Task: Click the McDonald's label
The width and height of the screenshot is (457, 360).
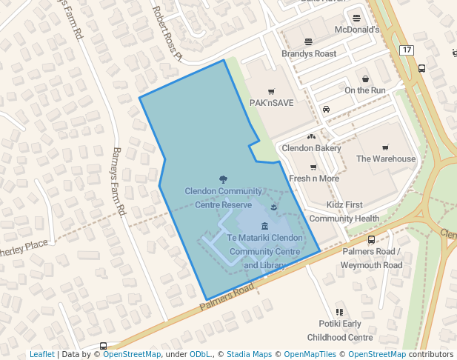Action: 356,30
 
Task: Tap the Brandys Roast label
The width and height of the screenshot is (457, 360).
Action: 309,54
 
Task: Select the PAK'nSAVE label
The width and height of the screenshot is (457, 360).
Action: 271,103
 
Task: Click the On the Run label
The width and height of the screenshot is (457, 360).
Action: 365,90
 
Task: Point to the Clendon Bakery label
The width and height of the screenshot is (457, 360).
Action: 311,148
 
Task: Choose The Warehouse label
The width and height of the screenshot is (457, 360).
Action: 386,159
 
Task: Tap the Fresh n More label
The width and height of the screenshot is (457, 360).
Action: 314,179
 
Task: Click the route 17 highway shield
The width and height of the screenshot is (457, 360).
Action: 406,50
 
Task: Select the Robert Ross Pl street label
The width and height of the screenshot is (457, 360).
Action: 167,33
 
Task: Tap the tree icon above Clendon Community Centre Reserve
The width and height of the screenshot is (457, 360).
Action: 224,179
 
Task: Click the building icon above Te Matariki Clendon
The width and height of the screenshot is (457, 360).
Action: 264,226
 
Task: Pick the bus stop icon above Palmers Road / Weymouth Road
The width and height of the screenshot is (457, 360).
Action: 371,240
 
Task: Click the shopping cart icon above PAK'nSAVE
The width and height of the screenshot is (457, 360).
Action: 271,91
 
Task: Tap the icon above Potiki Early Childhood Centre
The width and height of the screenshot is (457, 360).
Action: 340,313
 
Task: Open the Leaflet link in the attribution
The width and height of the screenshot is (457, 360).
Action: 42,354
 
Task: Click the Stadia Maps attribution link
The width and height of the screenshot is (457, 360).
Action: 248,354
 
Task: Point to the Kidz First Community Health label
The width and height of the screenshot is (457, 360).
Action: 344,211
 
